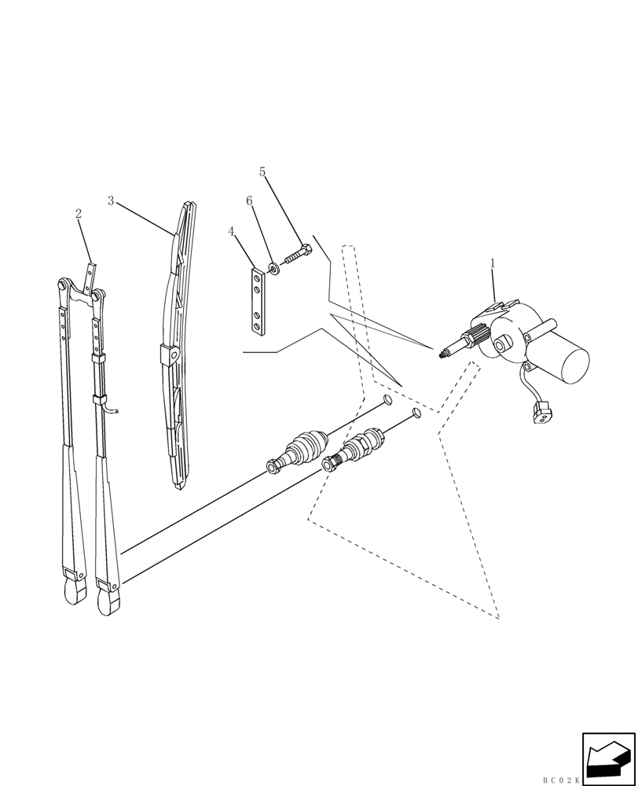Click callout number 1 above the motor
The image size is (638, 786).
493,264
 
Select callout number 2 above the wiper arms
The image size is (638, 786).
79,214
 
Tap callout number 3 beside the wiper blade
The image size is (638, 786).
111,201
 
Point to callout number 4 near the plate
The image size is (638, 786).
231,232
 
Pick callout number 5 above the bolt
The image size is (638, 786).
262,172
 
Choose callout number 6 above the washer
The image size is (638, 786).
249,201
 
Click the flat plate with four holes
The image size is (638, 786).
255,299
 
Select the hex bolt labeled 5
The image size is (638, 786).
295,256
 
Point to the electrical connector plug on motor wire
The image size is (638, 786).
539,413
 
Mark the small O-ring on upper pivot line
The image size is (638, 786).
388,401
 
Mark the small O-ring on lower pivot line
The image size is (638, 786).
416,413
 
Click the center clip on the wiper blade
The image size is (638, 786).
168,355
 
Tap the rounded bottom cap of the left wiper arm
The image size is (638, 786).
75,593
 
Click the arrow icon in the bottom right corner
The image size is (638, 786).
607,759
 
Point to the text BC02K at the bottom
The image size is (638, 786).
560,780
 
